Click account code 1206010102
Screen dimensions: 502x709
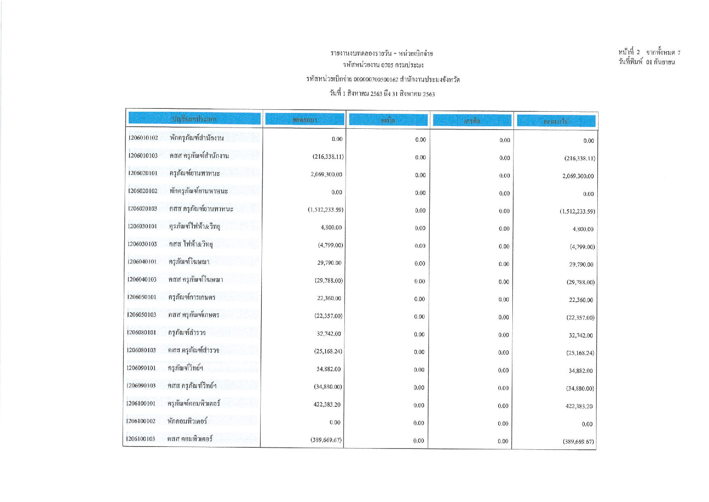tap(143, 138)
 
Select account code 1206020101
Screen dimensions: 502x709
tap(142, 173)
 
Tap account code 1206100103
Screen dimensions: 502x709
tap(140, 439)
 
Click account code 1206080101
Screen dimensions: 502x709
tap(141, 333)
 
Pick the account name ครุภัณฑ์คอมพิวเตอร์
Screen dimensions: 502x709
tap(194, 403)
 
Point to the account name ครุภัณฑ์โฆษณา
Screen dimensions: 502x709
tap(189, 262)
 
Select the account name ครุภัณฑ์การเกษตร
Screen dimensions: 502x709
tap(192, 297)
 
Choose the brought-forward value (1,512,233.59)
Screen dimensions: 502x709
tap(325, 210)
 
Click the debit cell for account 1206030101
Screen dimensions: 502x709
tap(420, 228)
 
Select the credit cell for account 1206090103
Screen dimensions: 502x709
tap(503, 388)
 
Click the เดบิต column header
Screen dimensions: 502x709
tap(388, 120)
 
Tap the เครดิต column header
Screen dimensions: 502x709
tap(472, 121)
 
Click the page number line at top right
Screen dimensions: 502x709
tap(649, 52)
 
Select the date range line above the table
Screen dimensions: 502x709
tap(382, 94)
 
